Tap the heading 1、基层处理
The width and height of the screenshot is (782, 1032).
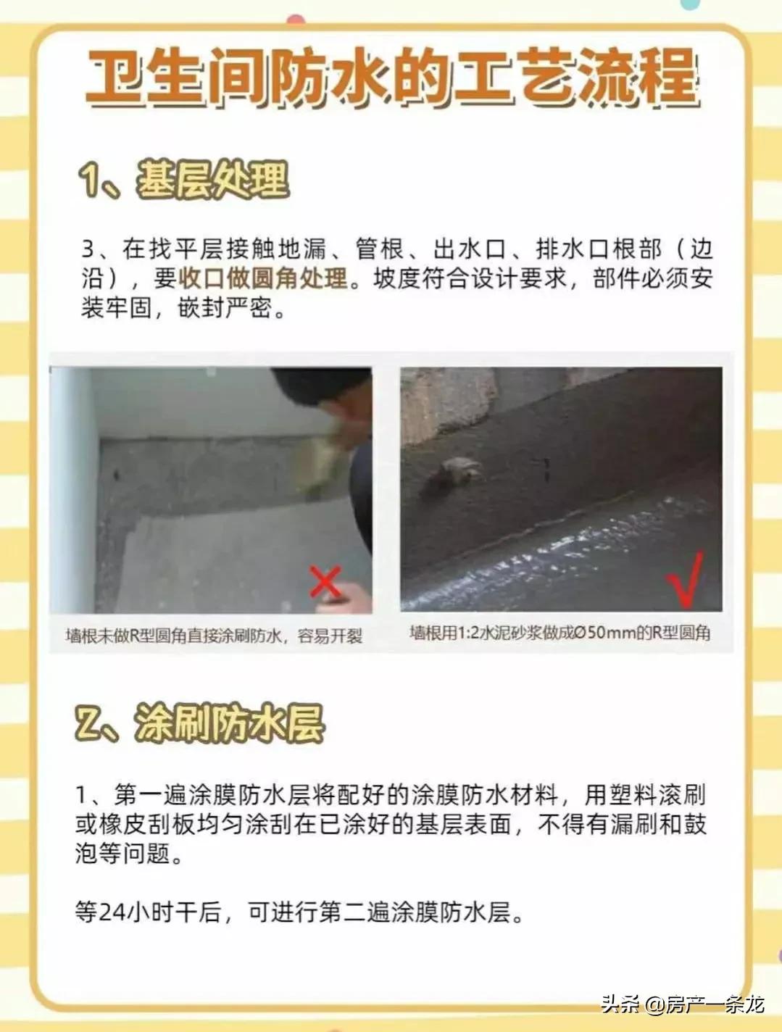[184, 180]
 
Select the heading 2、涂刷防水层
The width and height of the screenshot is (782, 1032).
[199, 723]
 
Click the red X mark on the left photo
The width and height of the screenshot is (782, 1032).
[325, 582]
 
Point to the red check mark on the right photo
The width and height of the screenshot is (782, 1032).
[686, 579]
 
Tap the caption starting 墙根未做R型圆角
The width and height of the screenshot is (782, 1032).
[214, 636]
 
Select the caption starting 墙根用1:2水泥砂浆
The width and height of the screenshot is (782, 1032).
[560, 633]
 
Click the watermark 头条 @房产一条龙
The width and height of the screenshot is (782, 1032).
[682, 1004]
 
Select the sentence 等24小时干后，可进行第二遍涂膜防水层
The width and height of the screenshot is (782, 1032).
[299, 912]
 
